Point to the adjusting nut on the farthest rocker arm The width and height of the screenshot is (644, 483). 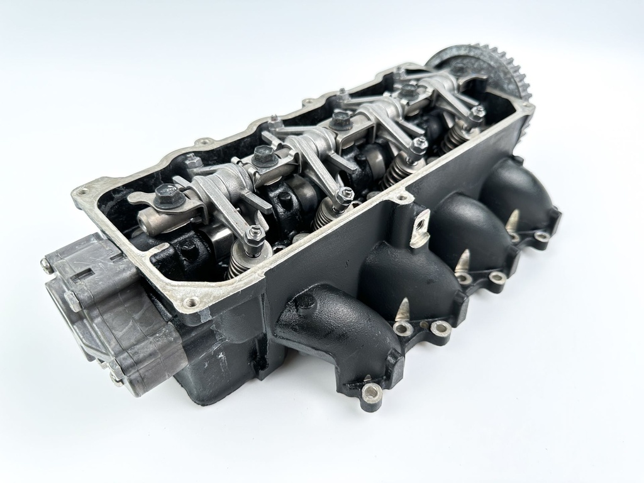[x=478, y=113]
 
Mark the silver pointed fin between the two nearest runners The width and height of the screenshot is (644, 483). [x=402, y=309]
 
